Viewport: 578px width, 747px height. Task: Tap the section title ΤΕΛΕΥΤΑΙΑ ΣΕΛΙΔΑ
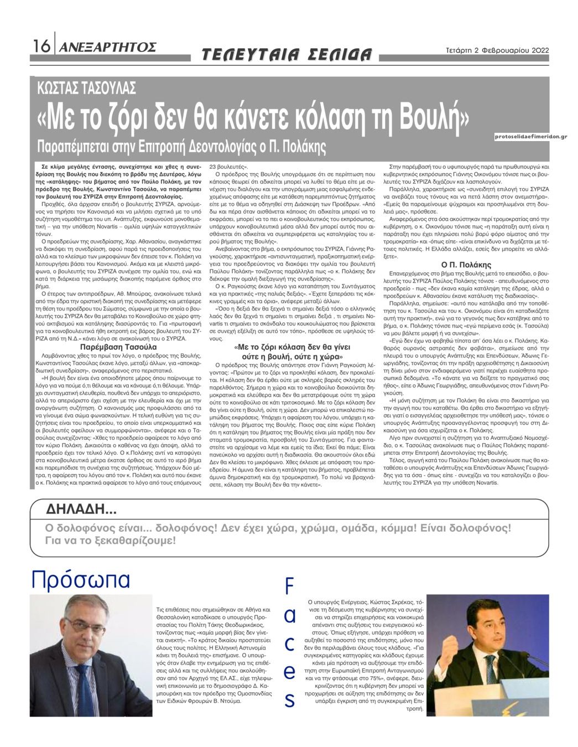(287, 54)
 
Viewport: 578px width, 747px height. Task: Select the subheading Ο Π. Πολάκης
(466, 264)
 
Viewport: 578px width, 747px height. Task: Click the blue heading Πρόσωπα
(81, 579)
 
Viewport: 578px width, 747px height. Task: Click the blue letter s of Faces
(289, 701)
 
